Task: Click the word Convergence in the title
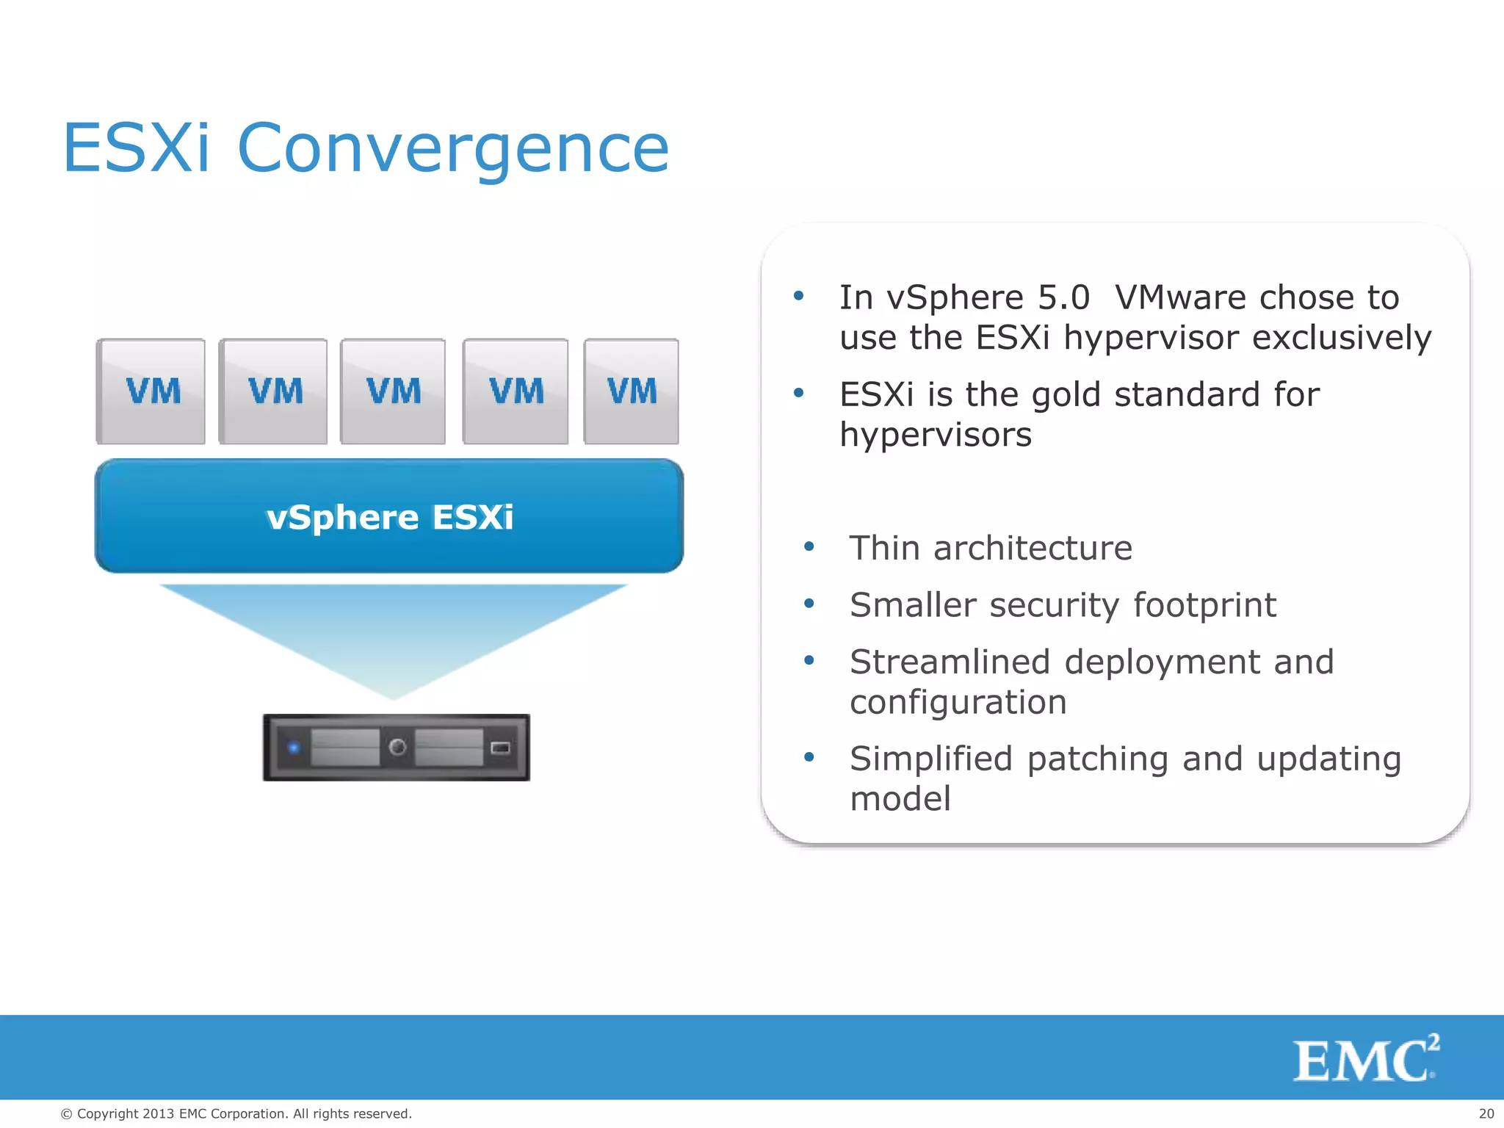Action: pyautogui.click(x=453, y=149)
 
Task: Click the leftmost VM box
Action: pyautogui.click(x=151, y=391)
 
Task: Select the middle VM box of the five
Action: pyautogui.click(x=393, y=391)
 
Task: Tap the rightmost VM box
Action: pyautogui.click(x=631, y=391)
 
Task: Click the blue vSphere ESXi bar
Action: pyautogui.click(x=389, y=516)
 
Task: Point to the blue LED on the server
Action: pyautogui.click(x=294, y=748)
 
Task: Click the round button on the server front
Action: pyautogui.click(x=397, y=748)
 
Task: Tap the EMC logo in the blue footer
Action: pyautogui.click(x=1365, y=1059)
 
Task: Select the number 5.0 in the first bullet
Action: pyautogui.click(x=1063, y=297)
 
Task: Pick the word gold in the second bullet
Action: pyautogui.click(x=1066, y=395)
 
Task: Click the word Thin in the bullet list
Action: pyautogui.click(x=883, y=549)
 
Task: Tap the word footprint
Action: pyautogui.click(x=1204, y=606)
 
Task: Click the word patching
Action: pyautogui.click(x=1097, y=759)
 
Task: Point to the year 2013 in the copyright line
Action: pyautogui.click(x=158, y=1114)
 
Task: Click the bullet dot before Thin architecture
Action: pyautogui.click(x=809, y=546)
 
